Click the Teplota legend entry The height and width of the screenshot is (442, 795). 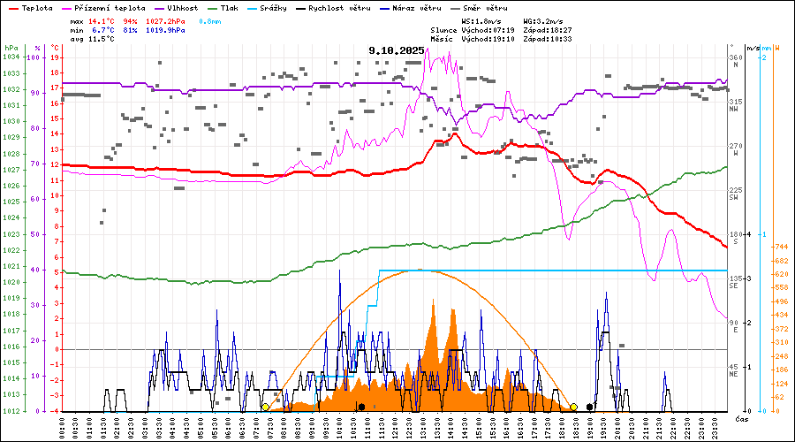click(32, 7)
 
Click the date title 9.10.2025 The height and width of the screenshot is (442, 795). click(397, 50)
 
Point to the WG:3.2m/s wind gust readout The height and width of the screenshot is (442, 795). click(543, 19)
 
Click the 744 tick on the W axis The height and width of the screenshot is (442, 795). click(780, 247)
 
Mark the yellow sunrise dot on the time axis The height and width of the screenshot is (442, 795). click(265, 407)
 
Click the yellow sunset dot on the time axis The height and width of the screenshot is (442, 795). click(573, 407)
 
